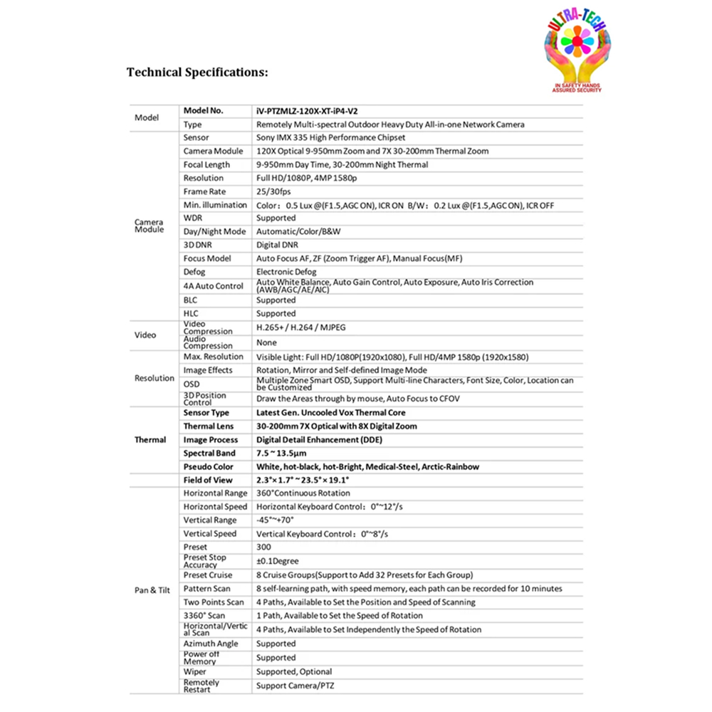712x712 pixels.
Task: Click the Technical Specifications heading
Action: pos(197,73)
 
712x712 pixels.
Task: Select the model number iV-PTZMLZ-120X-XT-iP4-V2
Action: pos(307,111)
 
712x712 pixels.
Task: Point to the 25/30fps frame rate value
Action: pos(273,192)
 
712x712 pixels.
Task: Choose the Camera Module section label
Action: pos(149,226)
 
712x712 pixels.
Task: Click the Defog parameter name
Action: pos(194,272)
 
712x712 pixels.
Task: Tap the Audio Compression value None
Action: pos(266,342)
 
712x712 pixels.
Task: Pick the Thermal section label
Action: pos(150,440)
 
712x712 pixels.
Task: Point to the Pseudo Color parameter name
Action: pos(208,467)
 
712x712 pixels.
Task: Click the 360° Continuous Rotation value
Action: pos(303,493)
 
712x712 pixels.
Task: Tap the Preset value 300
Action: pos(263,548)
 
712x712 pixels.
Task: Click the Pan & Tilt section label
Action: pos(151,590)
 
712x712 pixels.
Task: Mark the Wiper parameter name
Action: pos(194,671)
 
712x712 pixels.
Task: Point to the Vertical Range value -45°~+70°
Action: pos(276,520)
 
